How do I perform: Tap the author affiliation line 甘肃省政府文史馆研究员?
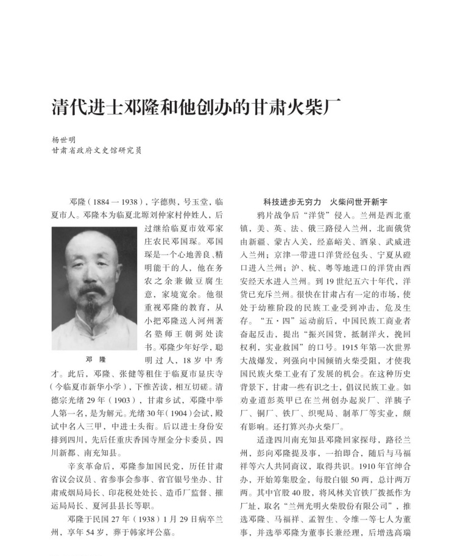tap(96, 150)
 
